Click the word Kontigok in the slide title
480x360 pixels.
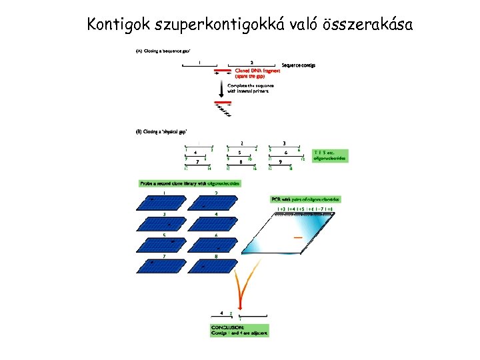[x=119, y=25]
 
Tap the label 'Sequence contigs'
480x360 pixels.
[x=298, y=65]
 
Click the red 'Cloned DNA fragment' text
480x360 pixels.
[x=257, y=73]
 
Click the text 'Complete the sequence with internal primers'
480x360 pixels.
[x=250, y=88]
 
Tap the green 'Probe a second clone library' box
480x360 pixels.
[x=189, y=183]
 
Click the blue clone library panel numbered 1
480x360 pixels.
[x=164, y=202]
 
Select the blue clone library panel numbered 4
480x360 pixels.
[x=216, y=222]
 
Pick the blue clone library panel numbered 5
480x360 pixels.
[x=164, y=244]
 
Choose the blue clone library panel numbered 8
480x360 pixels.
[x=216, y=265]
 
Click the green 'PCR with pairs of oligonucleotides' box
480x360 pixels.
[x=305, y=199]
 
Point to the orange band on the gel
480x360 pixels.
[x=299, y=238]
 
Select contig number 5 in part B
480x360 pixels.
[x=239, y=152]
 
